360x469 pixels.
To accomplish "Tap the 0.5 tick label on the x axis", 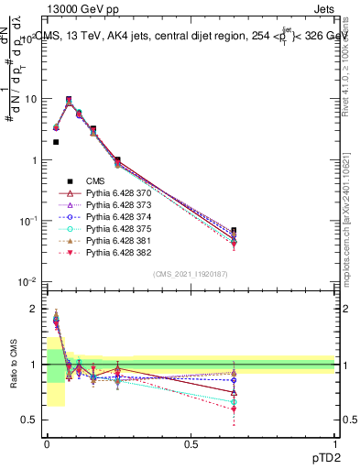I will pyautogui.click(x=191, y=444).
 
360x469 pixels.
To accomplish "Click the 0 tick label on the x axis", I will pyautogui.click(x=47, y=444).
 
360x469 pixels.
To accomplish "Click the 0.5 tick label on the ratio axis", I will pyautogui.click(x=30, y=420).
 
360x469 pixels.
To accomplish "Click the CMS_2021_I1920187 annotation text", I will pyautogui.click(x=191, y=274).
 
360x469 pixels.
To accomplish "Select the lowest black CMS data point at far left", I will pyautogui.click(x=56, y=142).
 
